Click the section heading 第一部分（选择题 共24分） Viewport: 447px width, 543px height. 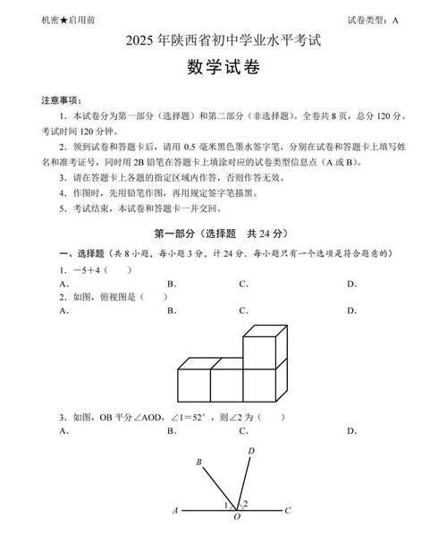pyautogui.click(x=224, y=234)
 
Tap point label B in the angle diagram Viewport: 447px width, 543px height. pyautogui.click(x=198, y=462)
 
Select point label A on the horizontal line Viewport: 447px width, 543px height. pyautogui.click(x=176, y=511)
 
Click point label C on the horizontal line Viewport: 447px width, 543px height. pyautogui.click(x=287, y=511)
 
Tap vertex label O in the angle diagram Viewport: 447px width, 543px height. pyautogui.click(x=236, y=518)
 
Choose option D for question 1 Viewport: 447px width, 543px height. pyautogui.click(x=351, y=284)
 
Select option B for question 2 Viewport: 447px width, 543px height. pyautogui.click(x=171, y=311)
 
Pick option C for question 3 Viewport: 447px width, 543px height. pyautogui.click(x=242, y=430)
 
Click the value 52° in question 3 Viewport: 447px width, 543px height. pyautogui.click(x=202, y=417)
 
